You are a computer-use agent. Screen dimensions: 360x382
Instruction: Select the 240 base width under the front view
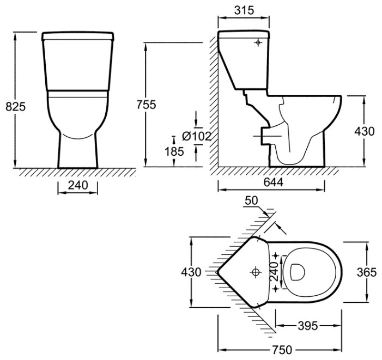point(78,185)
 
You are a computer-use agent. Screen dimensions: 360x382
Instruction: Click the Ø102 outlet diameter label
point(197,137)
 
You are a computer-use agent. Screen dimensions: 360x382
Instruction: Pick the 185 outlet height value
point(174,152)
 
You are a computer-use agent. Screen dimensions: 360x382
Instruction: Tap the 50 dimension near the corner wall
point(252,202)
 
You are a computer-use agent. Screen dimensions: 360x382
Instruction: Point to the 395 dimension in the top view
point(308,326)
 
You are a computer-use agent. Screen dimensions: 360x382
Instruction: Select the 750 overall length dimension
point(281,349)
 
